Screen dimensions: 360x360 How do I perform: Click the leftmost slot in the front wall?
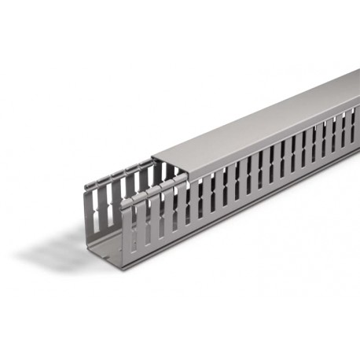coord(134,224)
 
